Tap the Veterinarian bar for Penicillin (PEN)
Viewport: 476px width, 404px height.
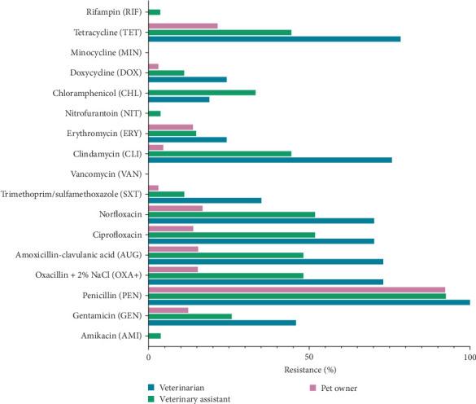point(309,302)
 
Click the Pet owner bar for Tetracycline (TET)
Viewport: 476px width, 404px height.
point(183,26)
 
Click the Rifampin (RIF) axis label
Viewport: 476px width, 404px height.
point(112,12)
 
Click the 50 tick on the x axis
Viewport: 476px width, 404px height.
point(309,357)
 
